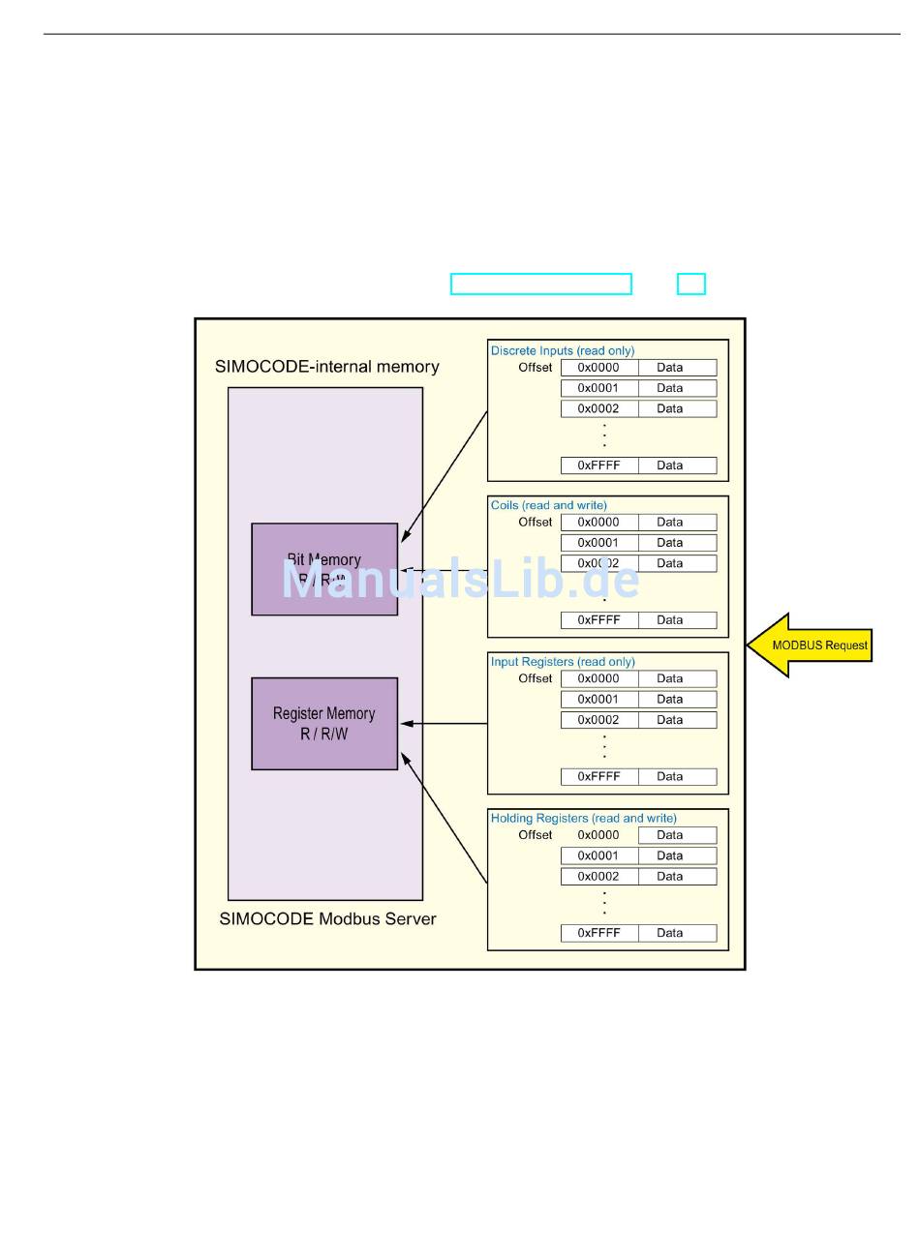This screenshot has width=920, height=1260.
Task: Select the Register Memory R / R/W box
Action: point(324,724)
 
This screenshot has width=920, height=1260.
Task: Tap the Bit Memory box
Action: point(324,569)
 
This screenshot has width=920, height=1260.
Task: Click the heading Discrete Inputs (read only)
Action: point(562,350)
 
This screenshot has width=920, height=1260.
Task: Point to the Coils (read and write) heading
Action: point(548,505)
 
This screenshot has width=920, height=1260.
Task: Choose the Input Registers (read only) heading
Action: point(562,662)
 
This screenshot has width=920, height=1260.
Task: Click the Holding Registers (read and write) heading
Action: point(583,818)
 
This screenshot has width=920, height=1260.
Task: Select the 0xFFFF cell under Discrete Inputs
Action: point(598,465)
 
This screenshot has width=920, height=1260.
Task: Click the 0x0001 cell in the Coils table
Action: point(598,543)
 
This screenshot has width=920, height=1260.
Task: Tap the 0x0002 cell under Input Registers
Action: point(598,720)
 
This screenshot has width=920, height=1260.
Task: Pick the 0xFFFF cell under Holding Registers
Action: point(598,933)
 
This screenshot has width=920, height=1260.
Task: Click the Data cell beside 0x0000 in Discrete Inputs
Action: point(678,368)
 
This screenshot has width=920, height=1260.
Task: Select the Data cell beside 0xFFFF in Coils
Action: point(678,620)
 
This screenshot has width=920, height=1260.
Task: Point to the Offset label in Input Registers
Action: point(535,678)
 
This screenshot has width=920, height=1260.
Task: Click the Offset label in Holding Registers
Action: point(535,835)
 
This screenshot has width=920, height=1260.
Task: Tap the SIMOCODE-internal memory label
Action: point(326,367)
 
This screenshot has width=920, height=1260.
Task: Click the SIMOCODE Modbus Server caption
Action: point(327,918)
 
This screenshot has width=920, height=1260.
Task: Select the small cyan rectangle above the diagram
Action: point(690,284)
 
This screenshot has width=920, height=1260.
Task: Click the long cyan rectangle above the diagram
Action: point(540,284)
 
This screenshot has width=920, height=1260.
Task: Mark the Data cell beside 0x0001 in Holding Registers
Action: point(678,855)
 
